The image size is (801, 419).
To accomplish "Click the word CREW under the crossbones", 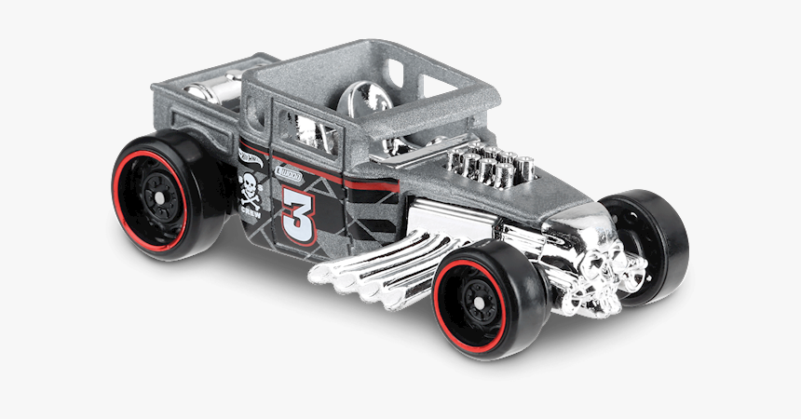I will coord(250,210).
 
